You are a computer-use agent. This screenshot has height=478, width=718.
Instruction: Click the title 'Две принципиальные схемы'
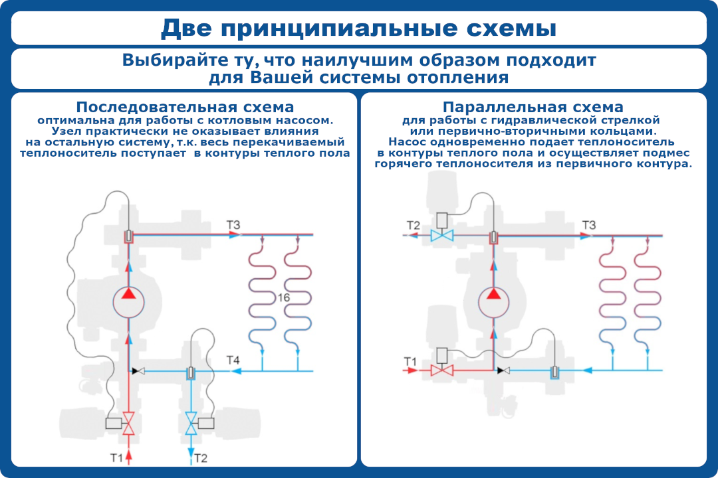359,28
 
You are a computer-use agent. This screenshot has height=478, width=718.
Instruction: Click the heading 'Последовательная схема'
185,108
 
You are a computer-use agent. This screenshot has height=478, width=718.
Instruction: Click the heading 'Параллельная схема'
533,108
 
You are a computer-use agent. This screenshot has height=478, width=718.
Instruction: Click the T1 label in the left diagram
116,457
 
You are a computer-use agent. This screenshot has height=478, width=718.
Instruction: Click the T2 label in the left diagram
201,457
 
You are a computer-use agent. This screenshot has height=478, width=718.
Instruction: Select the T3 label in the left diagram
233,225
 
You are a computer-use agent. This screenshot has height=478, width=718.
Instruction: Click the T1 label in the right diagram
411,361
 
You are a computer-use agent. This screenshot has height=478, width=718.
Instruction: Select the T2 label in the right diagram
413,226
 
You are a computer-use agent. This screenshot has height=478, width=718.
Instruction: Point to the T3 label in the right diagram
589,225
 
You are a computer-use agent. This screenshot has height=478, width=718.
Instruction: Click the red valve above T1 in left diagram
130,423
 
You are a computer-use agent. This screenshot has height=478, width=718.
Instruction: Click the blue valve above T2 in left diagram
192,423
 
